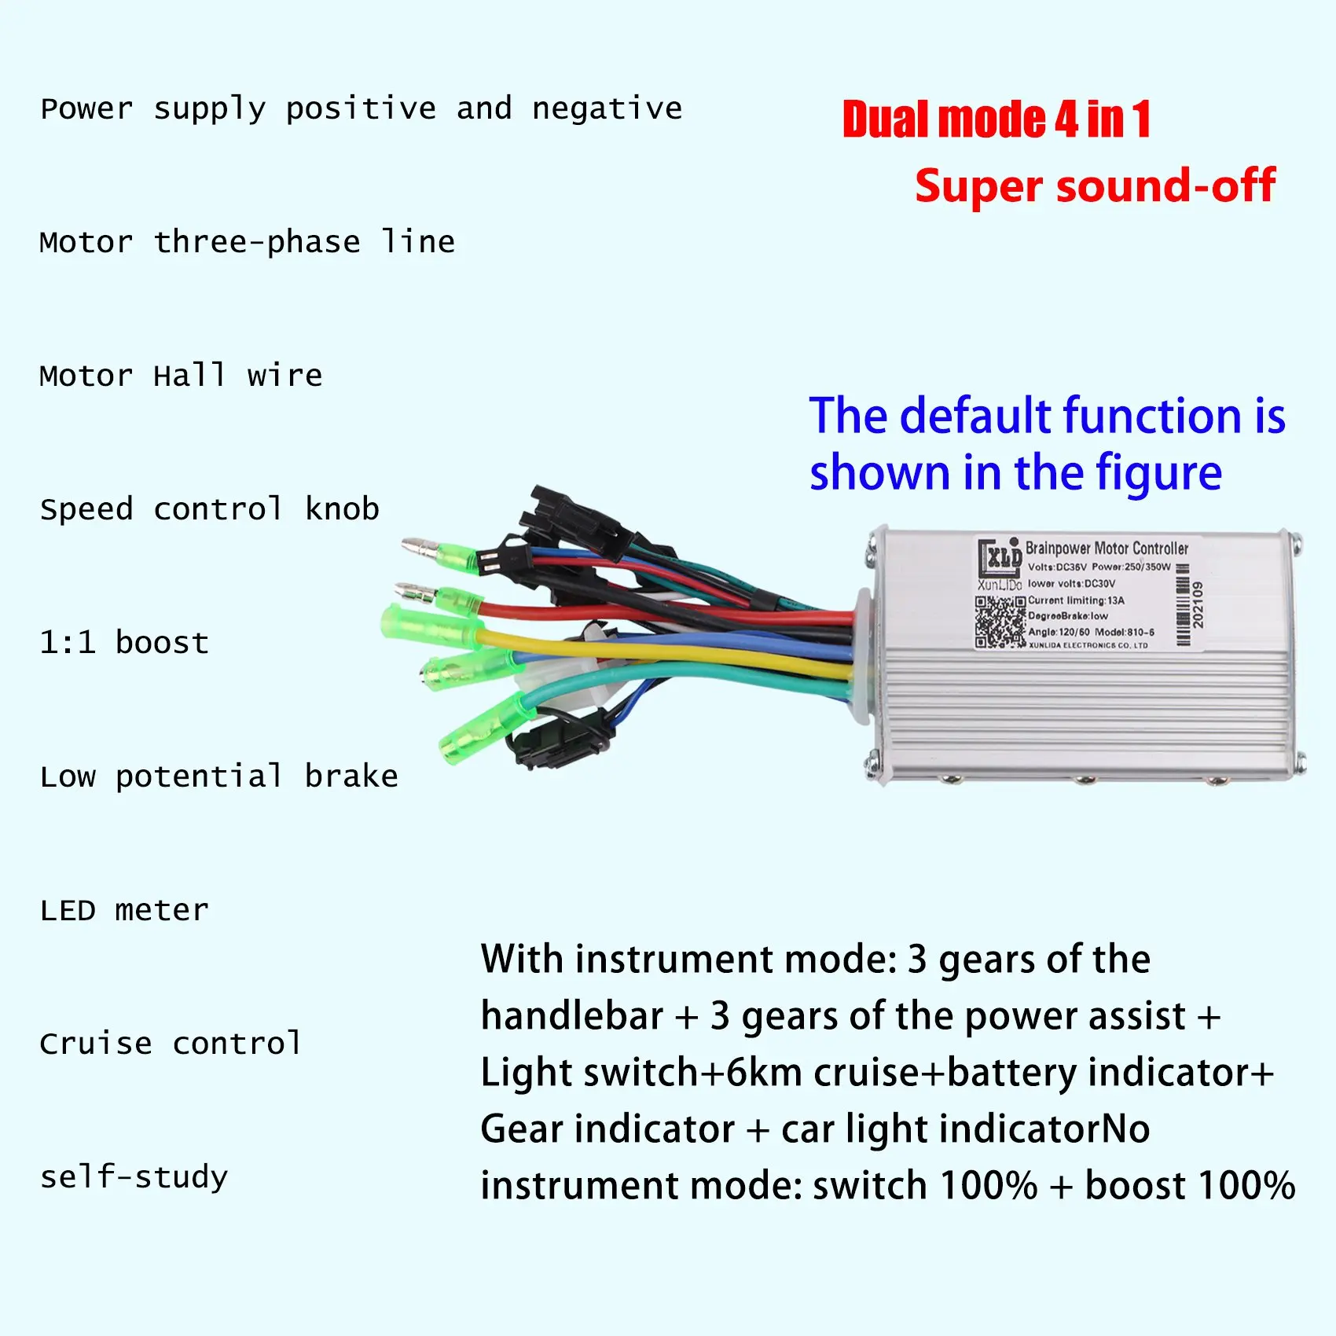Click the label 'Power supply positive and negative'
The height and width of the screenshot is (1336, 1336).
362,109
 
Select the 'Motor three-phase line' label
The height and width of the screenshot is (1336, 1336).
247,242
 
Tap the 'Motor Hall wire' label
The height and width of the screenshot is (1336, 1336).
181,376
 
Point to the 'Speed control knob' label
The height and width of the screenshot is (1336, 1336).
209,509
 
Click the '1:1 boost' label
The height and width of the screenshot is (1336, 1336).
124,643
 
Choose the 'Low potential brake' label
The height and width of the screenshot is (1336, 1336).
218,776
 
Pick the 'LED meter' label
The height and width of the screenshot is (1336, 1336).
124,910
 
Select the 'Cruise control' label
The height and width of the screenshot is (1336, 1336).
171,1044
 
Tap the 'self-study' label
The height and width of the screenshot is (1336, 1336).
134,1177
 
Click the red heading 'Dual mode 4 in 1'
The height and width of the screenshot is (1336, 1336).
996,119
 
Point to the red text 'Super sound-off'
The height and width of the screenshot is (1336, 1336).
1095,186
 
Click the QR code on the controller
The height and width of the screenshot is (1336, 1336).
1000,622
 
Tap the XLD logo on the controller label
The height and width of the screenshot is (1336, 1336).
1000,558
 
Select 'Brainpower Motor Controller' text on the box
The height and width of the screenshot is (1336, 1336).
1107,548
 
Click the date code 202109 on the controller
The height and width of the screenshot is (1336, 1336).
1198,604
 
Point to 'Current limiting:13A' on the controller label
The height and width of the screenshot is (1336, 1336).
1076,600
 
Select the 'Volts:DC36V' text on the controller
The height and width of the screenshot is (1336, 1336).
1057,567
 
